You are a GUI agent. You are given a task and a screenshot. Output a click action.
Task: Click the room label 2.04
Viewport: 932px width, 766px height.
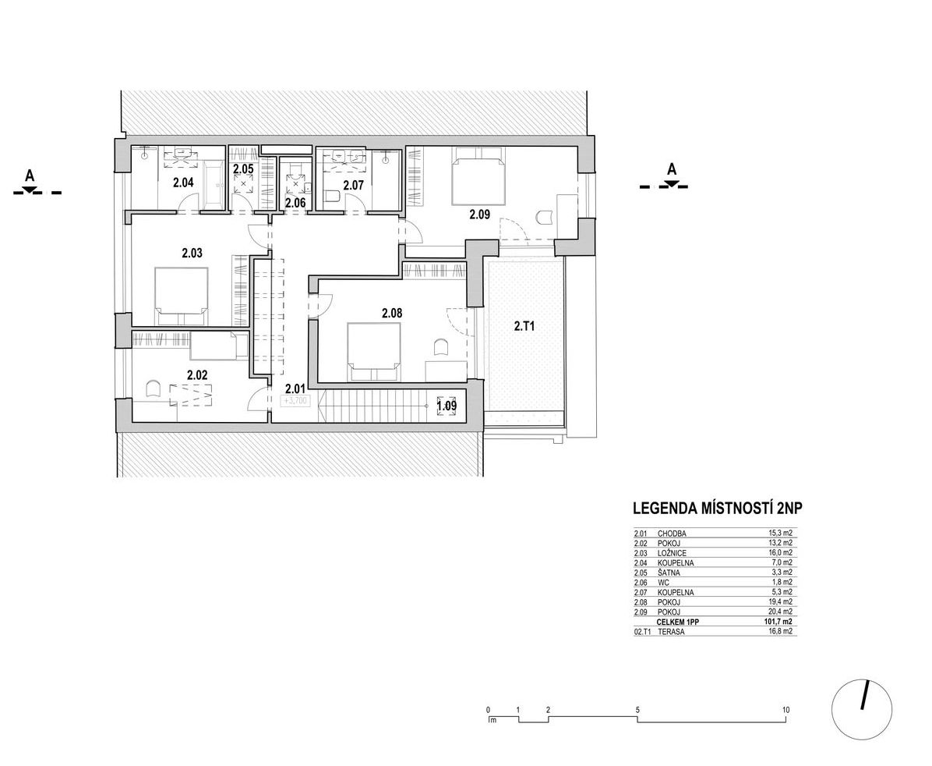[x=183, y=183]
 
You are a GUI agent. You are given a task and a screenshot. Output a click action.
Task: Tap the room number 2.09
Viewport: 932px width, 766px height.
[x=479, y=215]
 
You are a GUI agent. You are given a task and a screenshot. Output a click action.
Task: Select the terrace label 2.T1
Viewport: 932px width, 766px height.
[x=524, y=325]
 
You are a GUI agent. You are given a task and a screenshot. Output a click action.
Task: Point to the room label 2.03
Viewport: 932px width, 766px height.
[x=192, y=253]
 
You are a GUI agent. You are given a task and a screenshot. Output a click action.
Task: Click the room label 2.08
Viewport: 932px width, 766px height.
[x=392, y=313]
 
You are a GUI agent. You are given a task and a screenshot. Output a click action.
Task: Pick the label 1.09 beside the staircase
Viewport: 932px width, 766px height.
[x=447, y=406]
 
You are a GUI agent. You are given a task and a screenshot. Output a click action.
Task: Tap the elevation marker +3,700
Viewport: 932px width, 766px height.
[x=295, y=401]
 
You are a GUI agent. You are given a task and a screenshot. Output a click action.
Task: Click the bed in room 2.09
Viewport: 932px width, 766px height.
[x=478, y=176]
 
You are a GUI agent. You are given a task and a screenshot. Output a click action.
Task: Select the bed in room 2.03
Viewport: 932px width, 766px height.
[x=182, y=296]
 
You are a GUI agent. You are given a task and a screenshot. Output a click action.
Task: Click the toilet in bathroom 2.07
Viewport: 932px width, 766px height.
[x=333, y=196]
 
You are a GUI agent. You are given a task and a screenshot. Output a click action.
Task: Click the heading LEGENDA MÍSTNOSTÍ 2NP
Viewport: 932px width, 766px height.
[x=718, y=509]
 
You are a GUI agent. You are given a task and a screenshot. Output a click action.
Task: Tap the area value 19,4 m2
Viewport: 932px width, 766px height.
[x=780, y=602]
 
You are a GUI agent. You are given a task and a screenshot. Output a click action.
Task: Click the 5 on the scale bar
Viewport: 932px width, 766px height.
[x=637, y=710]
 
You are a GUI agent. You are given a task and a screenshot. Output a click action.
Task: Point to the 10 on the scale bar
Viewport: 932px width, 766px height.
[x=785, y=710]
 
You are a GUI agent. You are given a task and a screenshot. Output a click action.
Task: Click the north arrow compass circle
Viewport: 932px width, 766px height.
[x=863, y=708]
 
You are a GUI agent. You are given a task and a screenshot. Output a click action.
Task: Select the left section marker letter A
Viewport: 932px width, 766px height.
[x=29, y=176]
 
